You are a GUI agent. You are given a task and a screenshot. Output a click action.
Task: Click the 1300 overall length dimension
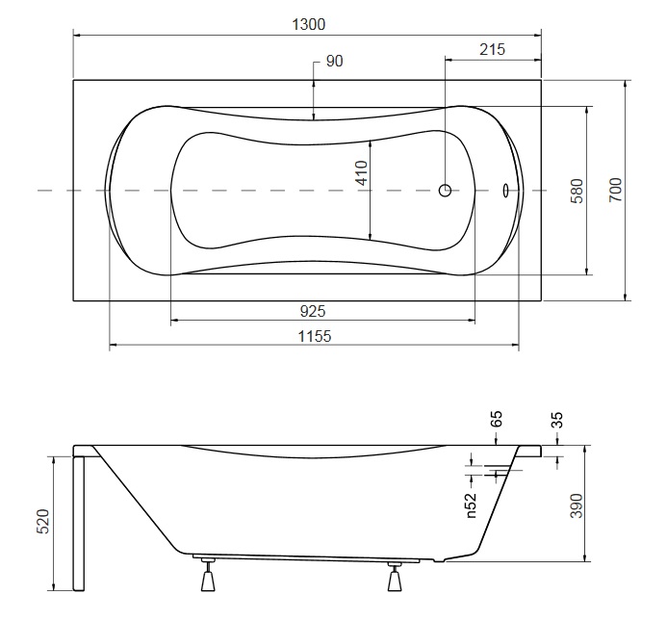point(308,24)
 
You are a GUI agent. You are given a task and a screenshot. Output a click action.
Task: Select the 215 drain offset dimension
point(492,49)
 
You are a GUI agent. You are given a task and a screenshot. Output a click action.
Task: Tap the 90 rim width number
point(334,62)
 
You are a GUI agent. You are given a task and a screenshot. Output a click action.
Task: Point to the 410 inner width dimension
point(362,172)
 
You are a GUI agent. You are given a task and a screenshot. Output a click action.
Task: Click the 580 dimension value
point(577,191)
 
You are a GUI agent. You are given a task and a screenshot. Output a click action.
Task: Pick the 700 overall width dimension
point(615,190)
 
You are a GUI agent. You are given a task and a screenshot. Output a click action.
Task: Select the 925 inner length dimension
point(313,311)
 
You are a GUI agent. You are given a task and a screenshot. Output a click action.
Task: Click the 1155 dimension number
point(315,336)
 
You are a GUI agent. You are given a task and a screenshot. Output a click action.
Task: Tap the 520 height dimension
point(43,521)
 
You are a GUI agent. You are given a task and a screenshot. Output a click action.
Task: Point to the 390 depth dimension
point(577,505)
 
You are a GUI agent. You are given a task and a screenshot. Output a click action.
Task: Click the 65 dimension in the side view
point(497,419)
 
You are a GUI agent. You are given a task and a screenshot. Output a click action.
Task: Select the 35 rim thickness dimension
point(557,420)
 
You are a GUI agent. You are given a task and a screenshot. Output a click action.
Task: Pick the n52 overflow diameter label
point(471,505)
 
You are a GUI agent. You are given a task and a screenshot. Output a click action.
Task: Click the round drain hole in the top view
point(445,191)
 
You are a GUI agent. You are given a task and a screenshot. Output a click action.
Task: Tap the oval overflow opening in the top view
point(505,191)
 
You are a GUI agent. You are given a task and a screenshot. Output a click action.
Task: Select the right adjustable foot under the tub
point(396,576)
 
